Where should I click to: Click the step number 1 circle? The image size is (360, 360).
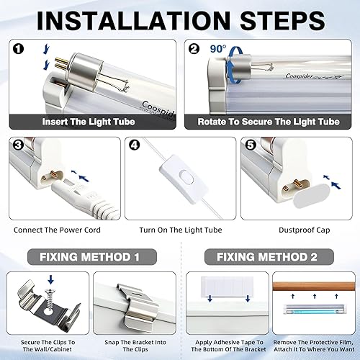point(19,49)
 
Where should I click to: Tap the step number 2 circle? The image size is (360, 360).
point(194,49)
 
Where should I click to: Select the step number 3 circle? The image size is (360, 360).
point(18,145)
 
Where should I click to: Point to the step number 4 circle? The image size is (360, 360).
point(135,145)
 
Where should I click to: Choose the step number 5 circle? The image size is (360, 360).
point(251,145)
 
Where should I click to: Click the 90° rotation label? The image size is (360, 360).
point(218,49)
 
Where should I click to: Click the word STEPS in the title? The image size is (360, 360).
point(282,20)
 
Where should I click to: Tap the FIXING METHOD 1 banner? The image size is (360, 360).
point(92,257)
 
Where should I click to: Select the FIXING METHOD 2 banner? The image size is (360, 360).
point(269,257)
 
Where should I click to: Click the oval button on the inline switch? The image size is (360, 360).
point(186,178)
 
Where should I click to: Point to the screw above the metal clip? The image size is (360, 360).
point(50,300)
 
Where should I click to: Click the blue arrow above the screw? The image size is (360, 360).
point(50,279)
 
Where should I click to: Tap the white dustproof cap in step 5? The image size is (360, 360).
point(311,196)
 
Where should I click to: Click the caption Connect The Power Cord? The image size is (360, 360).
point(57,230)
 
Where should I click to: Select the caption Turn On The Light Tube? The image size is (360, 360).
point(181,230)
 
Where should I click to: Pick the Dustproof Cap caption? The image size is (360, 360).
point(305,230)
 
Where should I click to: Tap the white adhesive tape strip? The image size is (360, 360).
point(227,286)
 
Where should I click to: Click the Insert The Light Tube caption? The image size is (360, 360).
point(89,122)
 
